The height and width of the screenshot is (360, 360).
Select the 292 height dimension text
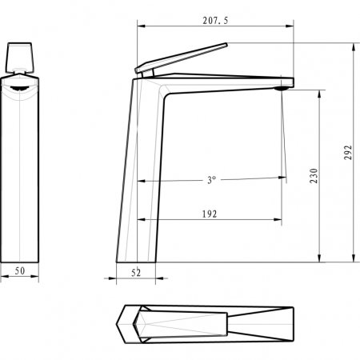(x=347, y=153)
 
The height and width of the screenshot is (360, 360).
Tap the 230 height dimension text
(x=314, y=176)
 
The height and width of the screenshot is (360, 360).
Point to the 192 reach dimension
(x=210, y=214)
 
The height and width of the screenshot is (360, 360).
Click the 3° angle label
(x=211, y=180)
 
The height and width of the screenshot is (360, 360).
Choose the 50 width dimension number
(x=20, y=272)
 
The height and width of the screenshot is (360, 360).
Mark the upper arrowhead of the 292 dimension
(x=353, y=46)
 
